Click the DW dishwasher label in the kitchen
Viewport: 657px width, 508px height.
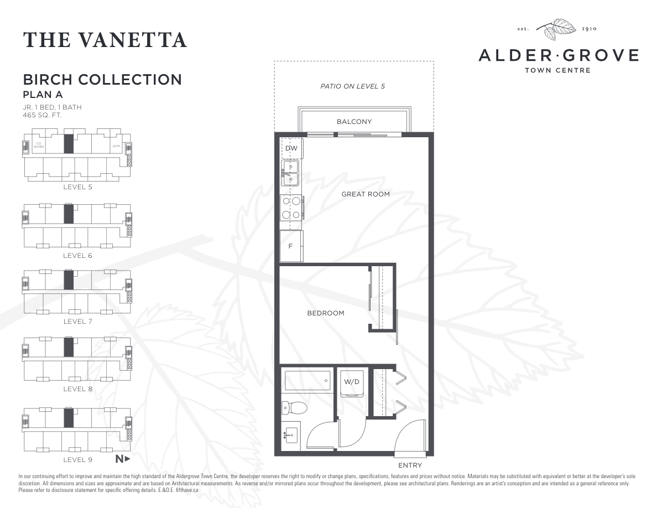291,148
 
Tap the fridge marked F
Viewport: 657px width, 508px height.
291,246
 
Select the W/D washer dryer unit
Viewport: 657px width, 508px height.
351,383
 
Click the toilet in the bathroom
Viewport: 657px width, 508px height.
295,408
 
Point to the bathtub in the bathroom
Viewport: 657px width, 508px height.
307,381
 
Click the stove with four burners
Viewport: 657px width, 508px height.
291,208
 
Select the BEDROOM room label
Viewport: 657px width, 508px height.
326,313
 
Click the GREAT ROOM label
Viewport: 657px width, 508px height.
366,194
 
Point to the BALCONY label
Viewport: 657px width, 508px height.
354,122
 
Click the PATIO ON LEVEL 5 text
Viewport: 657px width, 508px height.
352,86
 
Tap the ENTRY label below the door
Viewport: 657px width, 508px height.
410,465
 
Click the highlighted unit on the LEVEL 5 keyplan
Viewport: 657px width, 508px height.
69,144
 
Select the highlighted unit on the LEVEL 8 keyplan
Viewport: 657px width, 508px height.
69,348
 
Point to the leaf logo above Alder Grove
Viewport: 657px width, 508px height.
559,29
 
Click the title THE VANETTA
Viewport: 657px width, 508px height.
105,40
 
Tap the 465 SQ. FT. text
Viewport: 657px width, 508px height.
42,115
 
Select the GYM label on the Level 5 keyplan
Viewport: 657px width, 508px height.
116,146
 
